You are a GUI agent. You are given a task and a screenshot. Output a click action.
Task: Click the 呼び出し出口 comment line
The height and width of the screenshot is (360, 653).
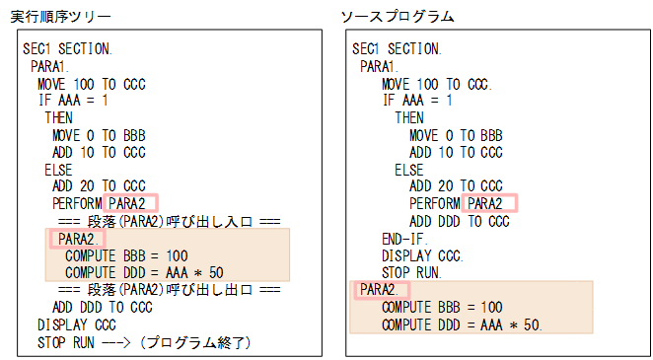coord(170,290)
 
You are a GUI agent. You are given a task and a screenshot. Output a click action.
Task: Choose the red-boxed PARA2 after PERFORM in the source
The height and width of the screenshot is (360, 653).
coord(491,204)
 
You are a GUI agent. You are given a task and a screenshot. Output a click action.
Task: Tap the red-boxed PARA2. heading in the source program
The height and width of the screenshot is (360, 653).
coord(378,289)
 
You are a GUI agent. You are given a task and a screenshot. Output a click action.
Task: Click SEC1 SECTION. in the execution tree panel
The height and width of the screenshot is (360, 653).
coord(67,49)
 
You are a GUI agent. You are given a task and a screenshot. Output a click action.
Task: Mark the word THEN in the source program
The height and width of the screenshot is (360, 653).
coord(409,117)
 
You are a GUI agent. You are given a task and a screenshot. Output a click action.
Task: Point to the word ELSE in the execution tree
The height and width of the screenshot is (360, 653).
coord(59,169)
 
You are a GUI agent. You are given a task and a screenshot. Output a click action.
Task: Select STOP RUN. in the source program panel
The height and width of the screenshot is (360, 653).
coord(412,272)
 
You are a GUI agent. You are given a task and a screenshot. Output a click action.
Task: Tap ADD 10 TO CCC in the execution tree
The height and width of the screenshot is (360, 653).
coord(99,152)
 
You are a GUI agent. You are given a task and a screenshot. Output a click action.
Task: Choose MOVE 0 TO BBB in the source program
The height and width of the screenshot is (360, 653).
coord(456,135)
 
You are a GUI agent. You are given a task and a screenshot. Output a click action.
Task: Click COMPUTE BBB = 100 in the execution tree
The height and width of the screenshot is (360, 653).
coord(126,255)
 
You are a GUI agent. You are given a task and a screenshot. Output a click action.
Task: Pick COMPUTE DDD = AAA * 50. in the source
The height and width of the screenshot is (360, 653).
coord(462,324)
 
